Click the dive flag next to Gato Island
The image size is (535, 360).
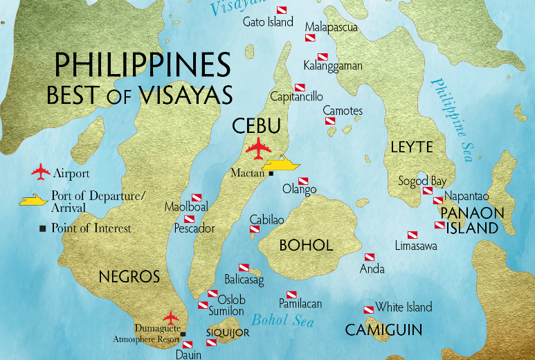coord(282,10)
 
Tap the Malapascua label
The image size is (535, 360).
coord(331,27)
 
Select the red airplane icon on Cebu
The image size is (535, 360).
coord(260,147)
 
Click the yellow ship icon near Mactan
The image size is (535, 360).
coord(282,163)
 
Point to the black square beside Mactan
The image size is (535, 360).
coord(271,173)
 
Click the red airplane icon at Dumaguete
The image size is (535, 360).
coord(171,318)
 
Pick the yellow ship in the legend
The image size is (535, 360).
coord(33,201)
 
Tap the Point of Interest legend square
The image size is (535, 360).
coord(43,228)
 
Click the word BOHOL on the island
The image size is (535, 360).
coord(306,245)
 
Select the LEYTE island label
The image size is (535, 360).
coord(411,147)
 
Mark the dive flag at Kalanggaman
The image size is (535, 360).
coord(323,56)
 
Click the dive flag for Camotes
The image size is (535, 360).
coord(331,121)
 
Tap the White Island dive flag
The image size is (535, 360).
coord(368,309)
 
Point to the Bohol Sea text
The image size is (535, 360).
coord(282,321)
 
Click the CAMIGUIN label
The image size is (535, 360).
coord(383,330)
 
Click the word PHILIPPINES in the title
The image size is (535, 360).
coord(142,66)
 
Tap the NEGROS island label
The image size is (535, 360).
coord(129,276)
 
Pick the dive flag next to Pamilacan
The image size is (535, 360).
coord(291,294)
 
